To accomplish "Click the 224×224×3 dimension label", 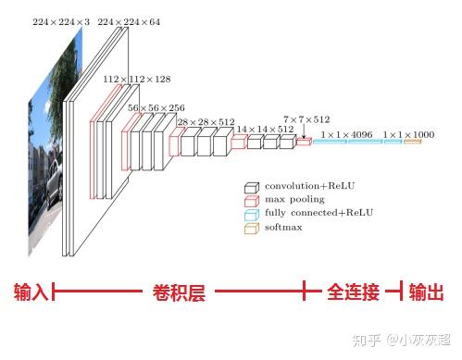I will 62,21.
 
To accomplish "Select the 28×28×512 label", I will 204,122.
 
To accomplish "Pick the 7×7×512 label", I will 306,119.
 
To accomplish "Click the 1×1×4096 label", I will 346,135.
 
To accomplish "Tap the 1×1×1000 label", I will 408,135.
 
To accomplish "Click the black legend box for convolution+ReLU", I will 252,186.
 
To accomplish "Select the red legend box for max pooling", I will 252,199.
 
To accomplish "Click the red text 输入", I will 31,293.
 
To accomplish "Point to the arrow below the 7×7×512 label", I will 303,133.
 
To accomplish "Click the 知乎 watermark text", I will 367,341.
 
